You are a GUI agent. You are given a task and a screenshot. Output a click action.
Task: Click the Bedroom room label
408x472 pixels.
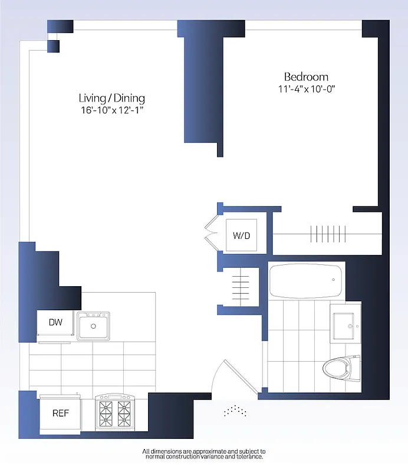pos(306,77)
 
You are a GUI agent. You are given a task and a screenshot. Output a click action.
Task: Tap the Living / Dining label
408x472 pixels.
pos(112,98)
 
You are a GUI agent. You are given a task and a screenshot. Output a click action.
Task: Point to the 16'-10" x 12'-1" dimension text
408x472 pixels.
pos(112,110)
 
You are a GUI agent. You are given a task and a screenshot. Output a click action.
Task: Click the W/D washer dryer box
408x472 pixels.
pos(241,235)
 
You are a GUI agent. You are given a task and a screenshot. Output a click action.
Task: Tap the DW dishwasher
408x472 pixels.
pos(55,323)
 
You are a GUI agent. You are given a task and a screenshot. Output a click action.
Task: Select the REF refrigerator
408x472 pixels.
pos(60,413)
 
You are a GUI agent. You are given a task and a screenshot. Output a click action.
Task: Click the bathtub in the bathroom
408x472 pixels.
pos(305,282)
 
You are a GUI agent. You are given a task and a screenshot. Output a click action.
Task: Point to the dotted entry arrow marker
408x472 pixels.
pos(235,410)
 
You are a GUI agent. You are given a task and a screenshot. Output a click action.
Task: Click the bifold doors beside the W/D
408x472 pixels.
pos(211,232)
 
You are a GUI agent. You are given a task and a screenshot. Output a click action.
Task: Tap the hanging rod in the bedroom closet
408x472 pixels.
pos(328,233)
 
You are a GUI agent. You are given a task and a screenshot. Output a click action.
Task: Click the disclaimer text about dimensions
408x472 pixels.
pos(204,454)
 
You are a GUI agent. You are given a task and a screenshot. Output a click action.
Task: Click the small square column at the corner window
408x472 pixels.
pos(53,45)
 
